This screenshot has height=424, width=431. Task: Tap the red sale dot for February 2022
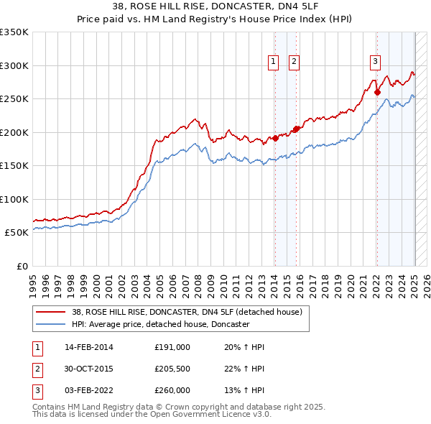(377, 91)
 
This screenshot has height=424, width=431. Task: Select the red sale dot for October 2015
(297, 129)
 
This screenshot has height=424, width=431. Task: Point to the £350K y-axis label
(14, 32)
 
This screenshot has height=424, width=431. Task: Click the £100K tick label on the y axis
(14, 199)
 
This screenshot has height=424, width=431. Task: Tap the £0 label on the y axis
(22, 266)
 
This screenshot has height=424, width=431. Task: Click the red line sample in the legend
(52, 313)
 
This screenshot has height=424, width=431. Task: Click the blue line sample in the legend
(52, 324)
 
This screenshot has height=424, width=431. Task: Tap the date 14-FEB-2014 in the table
(89, 347)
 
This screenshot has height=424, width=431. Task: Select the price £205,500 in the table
(172, 369)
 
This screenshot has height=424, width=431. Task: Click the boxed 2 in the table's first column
(37, 369)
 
